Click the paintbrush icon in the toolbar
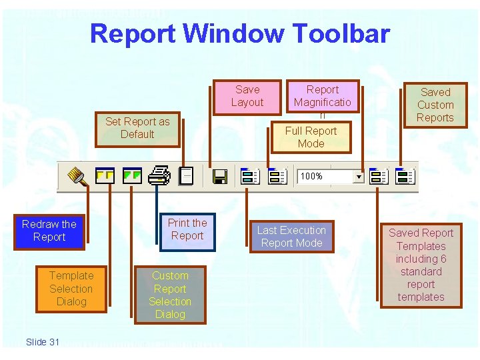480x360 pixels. coord(77,176)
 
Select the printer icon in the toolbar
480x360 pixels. coord(159,176)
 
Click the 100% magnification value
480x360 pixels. coord(312,177)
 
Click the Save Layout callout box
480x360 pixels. coord(247,96)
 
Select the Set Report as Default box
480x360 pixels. coord(137,128)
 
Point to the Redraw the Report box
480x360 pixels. coord(49,231)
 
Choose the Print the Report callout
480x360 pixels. coord(187,230)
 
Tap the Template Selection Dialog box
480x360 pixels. coord(71,289)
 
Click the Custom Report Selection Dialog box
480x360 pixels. coord(170,295)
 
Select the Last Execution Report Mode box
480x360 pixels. coord(291,237)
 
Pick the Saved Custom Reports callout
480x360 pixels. coord(435,105)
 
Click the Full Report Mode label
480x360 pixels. coord(311,137)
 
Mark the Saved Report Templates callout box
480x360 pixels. coord(421,265)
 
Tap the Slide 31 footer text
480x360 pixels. coord(43,342)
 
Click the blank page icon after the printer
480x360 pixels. coord(187,176)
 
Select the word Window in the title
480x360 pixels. coord(227,33)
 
